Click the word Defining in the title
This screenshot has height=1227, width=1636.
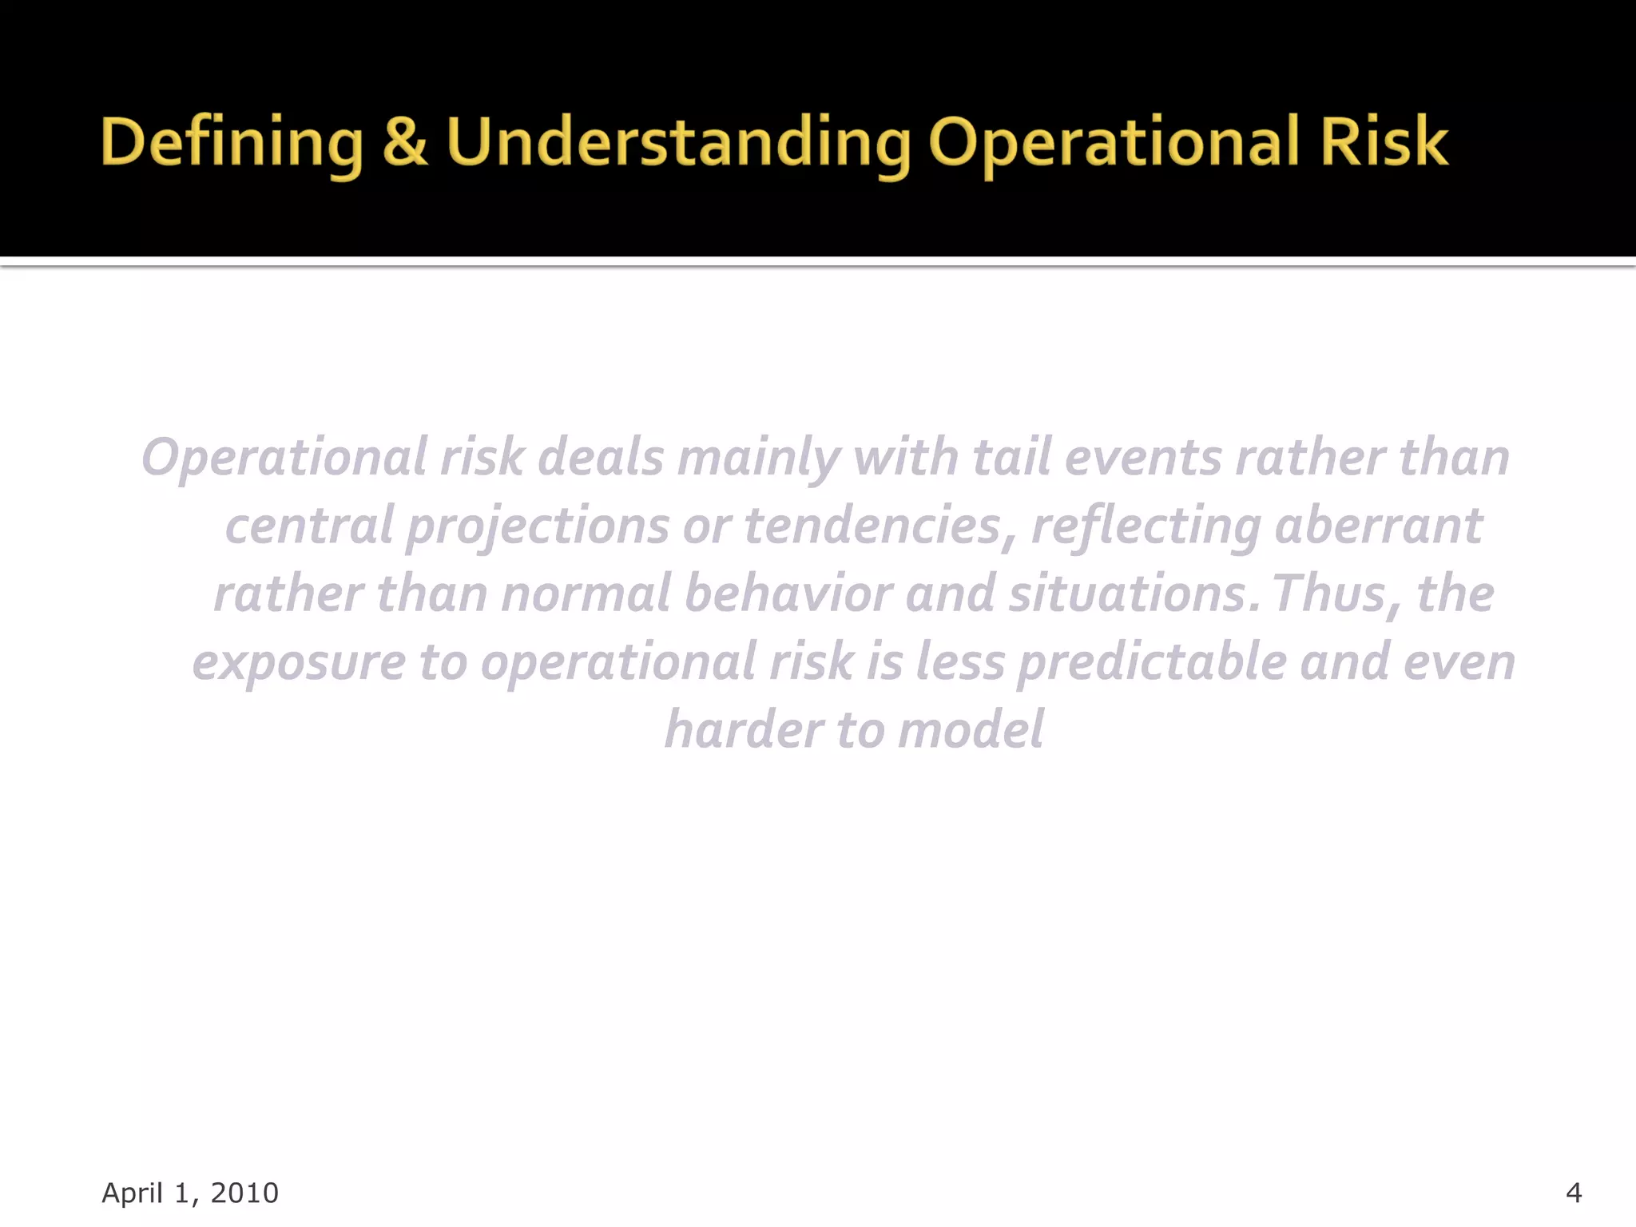[x=231, y=142]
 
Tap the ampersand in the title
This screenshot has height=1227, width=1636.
[x=404, y=142]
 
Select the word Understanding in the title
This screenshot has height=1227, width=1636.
[x=677, y=142]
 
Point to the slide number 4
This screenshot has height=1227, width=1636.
[x=1573, y=1193]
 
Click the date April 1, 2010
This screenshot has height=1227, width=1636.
[x=190, y=1193]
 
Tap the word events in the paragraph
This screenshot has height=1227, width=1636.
[x=1143, y=458]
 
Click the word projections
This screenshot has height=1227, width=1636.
[x=538, y=527]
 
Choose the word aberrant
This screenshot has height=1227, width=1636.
[x=1378, y=527]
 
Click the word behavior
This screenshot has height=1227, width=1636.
[x=788, y=595]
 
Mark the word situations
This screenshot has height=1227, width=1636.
[x=1127, y=595]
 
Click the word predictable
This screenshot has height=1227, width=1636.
[x=1151, y=663]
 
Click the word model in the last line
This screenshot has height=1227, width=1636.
[x=970, y=731]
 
